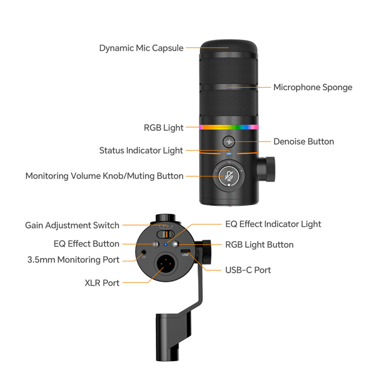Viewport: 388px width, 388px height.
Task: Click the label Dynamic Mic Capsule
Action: pyautogui.click(x=141, y=48)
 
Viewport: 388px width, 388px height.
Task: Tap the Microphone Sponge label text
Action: pyautogui.click(x=312, y=87)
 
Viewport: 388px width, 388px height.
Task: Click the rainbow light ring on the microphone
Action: pyautogui.click(x=229, y=127)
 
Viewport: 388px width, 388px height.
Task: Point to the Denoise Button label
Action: pyautogui.click(x=303, y=141)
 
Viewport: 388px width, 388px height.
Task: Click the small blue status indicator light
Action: pyautogui.click(x=229, y=152)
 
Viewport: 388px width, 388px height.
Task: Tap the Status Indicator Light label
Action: pyautogui.click(x=141, y=150)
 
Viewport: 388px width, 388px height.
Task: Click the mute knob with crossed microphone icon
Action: pyautogui.click(x=229, y=175)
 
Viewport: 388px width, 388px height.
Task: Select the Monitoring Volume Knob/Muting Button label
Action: pyautogui.click(x=104, y=176)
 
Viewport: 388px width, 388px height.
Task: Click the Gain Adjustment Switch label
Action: pyautogui.click(x=72, y=226)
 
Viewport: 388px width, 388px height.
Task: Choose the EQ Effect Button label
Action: pyautogui.click(x=87, y=244)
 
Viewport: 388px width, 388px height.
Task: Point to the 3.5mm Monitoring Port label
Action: pyautogui.click(x=73, y=260)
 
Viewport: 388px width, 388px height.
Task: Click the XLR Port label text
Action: pyautogui.click(x=102, y=283)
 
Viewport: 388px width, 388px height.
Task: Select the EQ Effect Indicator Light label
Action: pyautogui.click(x=273, y=224)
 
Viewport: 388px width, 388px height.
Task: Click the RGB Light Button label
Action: pyautogui.click(x=259, y=245)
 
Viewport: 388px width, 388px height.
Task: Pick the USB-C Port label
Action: pyautogui.click(x=248, y=270)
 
